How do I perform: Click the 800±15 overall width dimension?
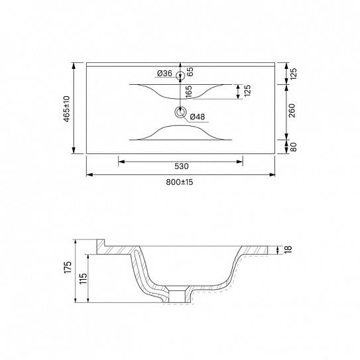pyautogui.click(x=179, y=182)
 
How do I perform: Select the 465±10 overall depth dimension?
pyautogui.click(x=66, y=109)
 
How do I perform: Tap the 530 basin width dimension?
pyautogui.click(x=182, y=166)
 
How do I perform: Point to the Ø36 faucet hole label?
pyautogui.click(x=164, y=74)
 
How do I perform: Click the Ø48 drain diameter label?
pyautogui.click(x=198, y=117)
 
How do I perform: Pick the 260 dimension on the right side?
pyautogui.click(x=292, y=111)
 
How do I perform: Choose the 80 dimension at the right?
pyautogui.click(x=294, y=147)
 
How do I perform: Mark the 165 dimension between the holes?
pyautogui.click(x=188, y=92)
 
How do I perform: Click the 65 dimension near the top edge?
pyautogui.click(x=190, y=72)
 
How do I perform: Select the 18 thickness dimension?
pyautogui.click(x=288, y=249)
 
